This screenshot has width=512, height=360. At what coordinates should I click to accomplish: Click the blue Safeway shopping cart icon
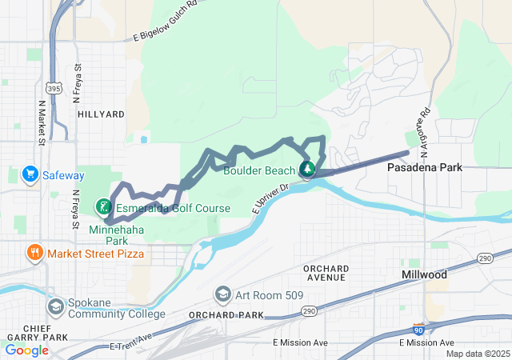(x=30, y=174)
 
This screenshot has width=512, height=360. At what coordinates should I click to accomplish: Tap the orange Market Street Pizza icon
(x=34, y=254)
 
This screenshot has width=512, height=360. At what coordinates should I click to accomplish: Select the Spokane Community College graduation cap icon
(x=55, y=306)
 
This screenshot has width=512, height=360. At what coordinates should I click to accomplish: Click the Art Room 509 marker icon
(x=222, y=295)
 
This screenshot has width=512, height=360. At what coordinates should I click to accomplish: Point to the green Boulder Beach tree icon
(x=307, y=169)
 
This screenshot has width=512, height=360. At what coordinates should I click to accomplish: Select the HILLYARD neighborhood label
(x=101, y=114)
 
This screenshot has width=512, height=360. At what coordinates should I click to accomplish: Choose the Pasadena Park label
(x=423, y=168)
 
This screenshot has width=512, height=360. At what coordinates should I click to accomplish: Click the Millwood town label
(x=423, y=274)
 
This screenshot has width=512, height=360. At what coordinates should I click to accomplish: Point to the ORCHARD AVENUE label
(x=324, y=273)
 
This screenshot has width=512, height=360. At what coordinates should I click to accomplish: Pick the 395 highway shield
(x=53, y=89)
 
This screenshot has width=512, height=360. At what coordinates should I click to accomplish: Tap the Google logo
(x=26, y=350)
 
